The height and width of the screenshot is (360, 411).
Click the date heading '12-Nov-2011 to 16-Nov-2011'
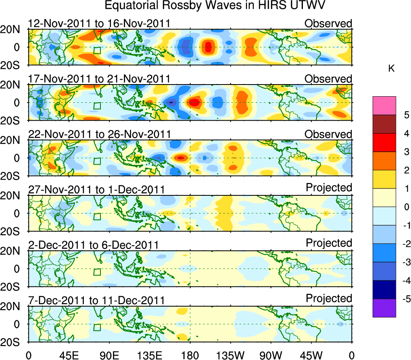point(99,24)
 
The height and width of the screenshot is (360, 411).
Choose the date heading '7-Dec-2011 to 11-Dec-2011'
point(97,301)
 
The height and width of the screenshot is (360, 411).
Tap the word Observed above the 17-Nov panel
point(328,78)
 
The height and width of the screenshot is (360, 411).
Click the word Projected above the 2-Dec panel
point(329,243)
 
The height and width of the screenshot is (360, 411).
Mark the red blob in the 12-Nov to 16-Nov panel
point(208,47)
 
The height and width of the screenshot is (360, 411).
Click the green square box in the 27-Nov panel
point(97,216)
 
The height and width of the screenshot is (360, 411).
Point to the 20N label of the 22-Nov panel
point(13,140)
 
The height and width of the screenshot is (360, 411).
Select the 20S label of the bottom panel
point(13,342)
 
